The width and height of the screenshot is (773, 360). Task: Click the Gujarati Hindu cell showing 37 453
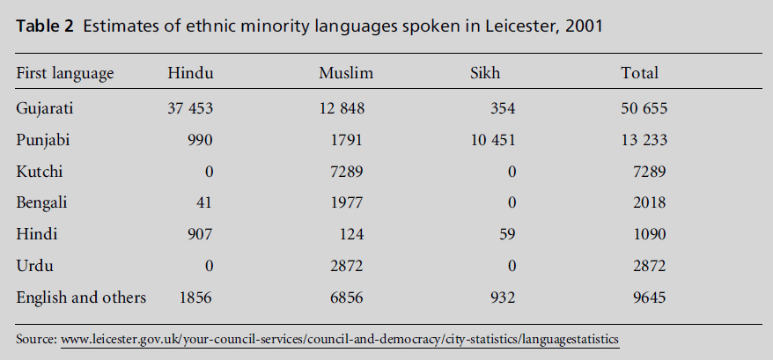[190, 108]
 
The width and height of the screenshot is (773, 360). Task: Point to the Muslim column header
[345, 73]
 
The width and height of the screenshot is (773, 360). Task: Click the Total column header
[639, 73]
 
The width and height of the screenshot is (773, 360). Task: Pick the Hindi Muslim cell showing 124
[351, 234]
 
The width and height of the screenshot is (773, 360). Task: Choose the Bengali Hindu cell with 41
[203, 202]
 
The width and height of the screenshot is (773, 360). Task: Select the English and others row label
[81, 297]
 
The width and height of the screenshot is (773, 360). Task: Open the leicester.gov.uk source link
[340, 338]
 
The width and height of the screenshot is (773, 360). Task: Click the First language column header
[65, 73]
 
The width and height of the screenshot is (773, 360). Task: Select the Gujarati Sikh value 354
[502, 108]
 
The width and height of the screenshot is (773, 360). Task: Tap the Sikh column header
[485, 73]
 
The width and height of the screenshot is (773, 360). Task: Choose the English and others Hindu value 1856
[195, 297]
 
